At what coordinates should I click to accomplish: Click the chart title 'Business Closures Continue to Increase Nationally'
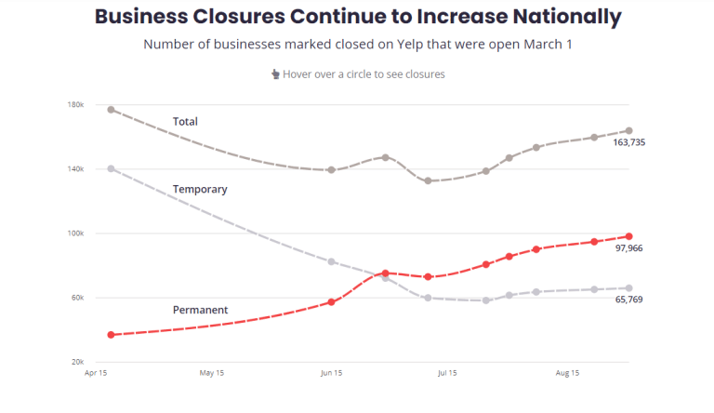click(358, 17)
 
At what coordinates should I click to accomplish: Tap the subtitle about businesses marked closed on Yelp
click(358, 45)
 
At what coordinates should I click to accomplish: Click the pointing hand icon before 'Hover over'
click(274, 74)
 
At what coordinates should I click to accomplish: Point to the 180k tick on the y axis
click(76, 105)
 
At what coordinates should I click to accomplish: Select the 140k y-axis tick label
click(76, 169)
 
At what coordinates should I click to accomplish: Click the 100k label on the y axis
click(76, 233)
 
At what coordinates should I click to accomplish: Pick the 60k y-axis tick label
click(78, 298)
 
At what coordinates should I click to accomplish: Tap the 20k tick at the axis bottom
click(78, 362)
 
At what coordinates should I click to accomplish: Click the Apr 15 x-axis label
click(95, 373)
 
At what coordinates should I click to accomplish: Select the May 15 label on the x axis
click(212, 373)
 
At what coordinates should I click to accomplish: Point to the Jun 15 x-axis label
click(332, 373)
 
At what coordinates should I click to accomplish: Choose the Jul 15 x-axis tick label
click(447, 373)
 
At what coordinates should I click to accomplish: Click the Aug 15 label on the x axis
click(567, 373)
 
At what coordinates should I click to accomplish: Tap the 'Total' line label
click(185, 122)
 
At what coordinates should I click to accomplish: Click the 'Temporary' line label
click(200, 190)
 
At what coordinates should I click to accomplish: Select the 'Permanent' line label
click(200, 310)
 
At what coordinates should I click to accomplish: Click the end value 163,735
click(629, 142)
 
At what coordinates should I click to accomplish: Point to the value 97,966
click(629, 248)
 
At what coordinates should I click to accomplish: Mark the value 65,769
click(629, 300)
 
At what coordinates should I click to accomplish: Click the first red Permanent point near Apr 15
click(112, 335)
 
